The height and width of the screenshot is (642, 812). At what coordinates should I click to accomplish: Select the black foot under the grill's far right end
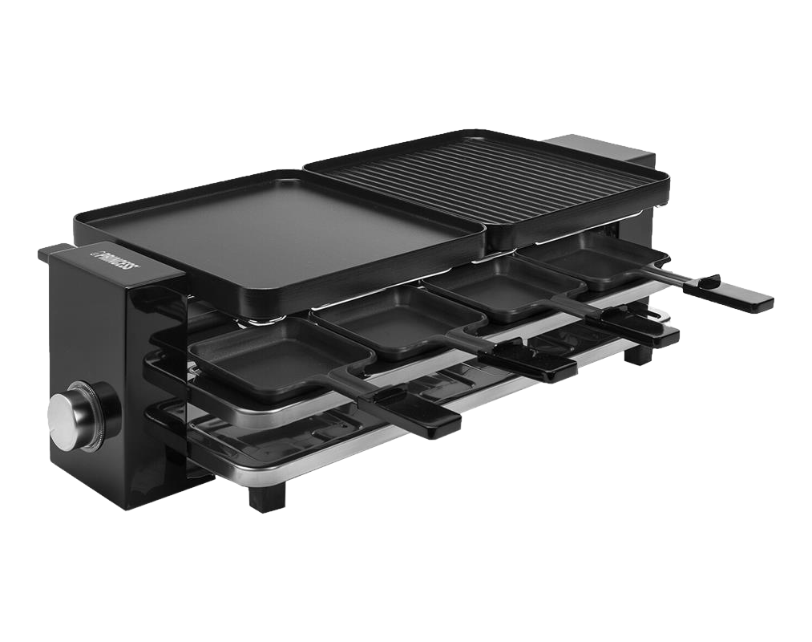pyautogui.click(x=640, y=354)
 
